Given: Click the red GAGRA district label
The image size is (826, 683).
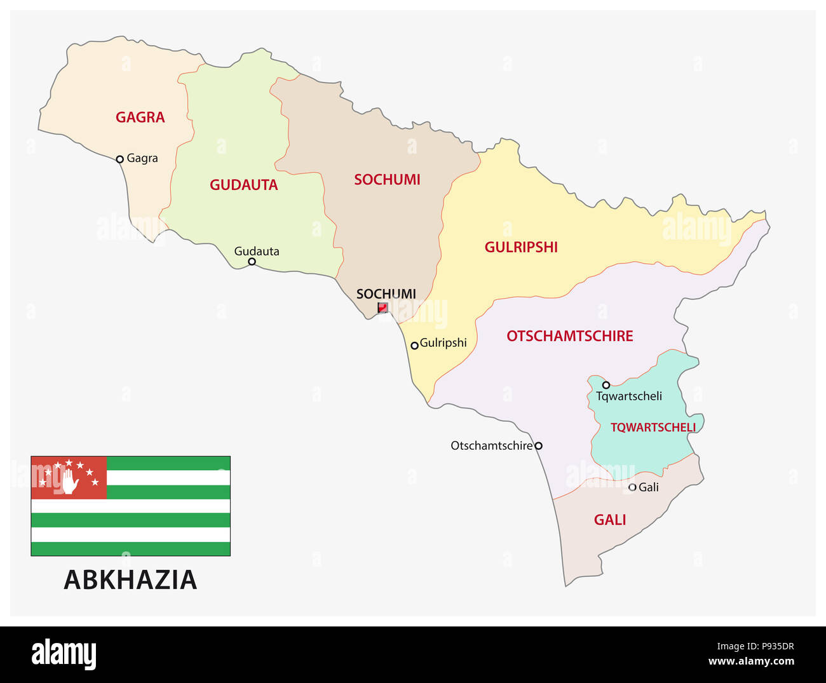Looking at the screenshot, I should (x=140, y=118).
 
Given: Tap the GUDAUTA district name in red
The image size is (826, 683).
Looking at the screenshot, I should (x=244, y=185).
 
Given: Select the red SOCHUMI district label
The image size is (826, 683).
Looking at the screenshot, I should (x=387, y=180).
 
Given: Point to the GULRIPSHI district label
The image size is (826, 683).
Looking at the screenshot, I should (x=521, y=247).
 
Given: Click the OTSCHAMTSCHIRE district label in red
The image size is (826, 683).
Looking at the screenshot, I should (x=569, y=336).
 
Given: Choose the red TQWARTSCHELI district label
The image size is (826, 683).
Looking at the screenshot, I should (x=653, y=428).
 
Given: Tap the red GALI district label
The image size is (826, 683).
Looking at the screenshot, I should (x=610, y=520).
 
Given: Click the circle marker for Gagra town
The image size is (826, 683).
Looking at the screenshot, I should (x=119, y=159).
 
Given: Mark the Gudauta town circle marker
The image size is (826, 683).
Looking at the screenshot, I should (x=252, y=262).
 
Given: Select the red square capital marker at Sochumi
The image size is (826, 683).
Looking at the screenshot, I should (x=383, y=308).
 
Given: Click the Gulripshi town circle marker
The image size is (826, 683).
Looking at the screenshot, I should (x=414, y=346).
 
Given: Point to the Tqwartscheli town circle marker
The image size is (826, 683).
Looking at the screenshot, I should (x=606, y=385).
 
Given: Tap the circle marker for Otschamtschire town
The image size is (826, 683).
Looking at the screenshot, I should (x=538, y=446).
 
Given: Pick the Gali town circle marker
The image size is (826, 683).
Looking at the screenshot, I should (x=632, y=487).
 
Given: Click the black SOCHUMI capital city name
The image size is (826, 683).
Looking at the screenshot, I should (x=386, y=294).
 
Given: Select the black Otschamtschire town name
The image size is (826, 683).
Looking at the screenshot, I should (x=491, y=446).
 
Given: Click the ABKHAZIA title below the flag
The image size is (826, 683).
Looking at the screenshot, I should (x=130, y=579).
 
